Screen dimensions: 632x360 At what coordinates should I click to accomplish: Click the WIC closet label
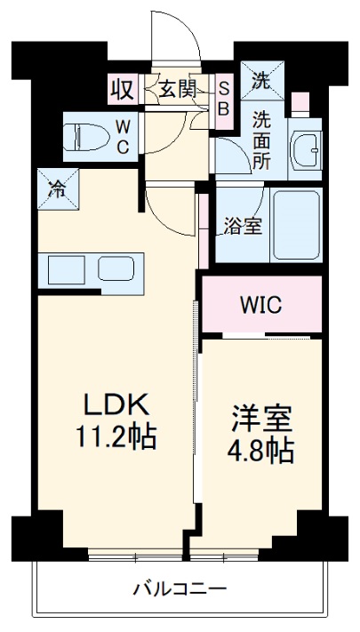click(x=260, y=305)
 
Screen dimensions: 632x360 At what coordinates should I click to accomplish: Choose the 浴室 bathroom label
click(x=242, y=226)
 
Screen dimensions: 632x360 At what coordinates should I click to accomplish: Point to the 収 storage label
click(x=121, y=89)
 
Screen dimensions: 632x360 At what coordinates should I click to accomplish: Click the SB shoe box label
click(x=223, y=99)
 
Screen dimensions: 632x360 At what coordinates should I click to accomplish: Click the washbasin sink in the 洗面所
click(x=308, y=149)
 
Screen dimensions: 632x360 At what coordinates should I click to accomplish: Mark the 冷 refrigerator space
click(x=56, y=188)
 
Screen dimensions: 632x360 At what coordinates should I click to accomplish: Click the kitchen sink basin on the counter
click(x=115, y=268)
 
